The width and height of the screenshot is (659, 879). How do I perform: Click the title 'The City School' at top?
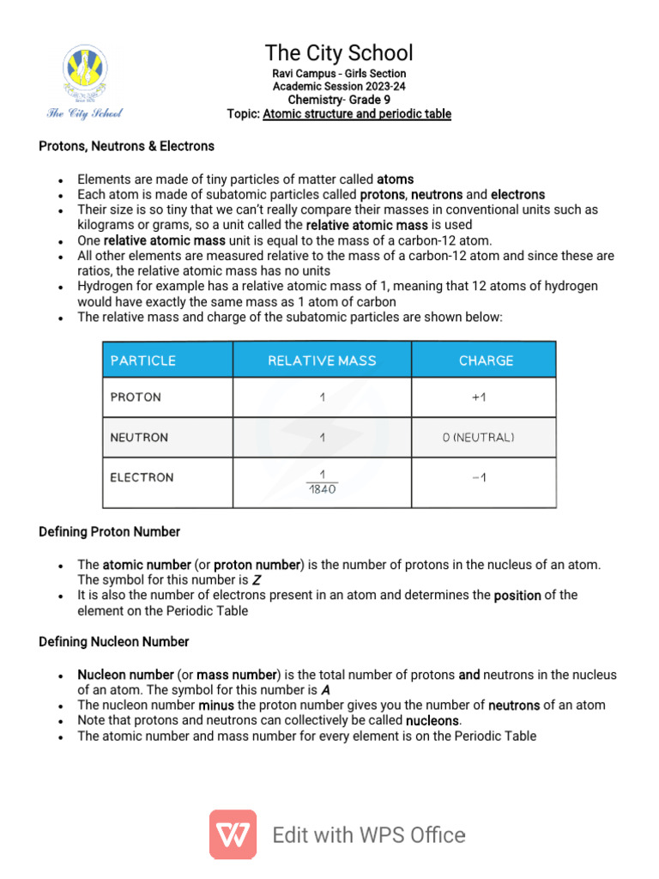[338, 52]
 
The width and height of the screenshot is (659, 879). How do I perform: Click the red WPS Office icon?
[233, 834]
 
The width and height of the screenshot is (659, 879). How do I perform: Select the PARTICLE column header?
[143, 361]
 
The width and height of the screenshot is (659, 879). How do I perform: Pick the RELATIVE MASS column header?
[322, 361]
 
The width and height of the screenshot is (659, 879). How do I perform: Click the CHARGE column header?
[486, 361]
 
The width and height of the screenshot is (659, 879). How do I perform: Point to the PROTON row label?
[136, 397]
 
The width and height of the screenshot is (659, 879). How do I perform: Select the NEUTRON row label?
[139, 438]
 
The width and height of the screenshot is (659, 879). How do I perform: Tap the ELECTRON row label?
[142, 477]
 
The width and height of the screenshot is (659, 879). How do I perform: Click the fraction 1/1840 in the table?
[322, 482]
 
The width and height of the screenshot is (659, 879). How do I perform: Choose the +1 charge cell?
[479, 397]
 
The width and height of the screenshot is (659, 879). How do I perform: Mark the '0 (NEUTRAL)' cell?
[478, 438]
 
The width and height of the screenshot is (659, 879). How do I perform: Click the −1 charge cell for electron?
[479, 478]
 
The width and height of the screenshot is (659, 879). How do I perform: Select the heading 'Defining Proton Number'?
[110, 532]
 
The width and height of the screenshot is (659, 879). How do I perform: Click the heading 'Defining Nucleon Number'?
[114, 642]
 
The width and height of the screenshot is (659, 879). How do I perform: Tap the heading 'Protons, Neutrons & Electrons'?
[127, 147]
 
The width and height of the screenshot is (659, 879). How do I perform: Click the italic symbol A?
[325, 690]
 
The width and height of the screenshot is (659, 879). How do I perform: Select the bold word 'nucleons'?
[432, 720]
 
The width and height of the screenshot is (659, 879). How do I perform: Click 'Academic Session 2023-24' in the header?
[338, 87]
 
